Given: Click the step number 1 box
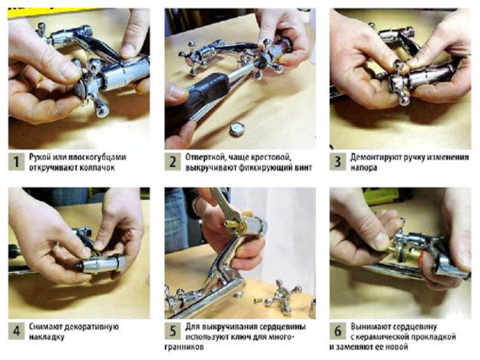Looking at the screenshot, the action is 16,161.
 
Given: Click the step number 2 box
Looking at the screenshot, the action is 172,161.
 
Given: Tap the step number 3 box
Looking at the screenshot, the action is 337,161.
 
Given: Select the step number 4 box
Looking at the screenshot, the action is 16,331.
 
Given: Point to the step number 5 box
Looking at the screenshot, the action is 172,331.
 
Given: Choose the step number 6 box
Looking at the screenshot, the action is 337,331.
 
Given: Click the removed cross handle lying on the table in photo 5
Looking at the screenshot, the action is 283,296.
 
